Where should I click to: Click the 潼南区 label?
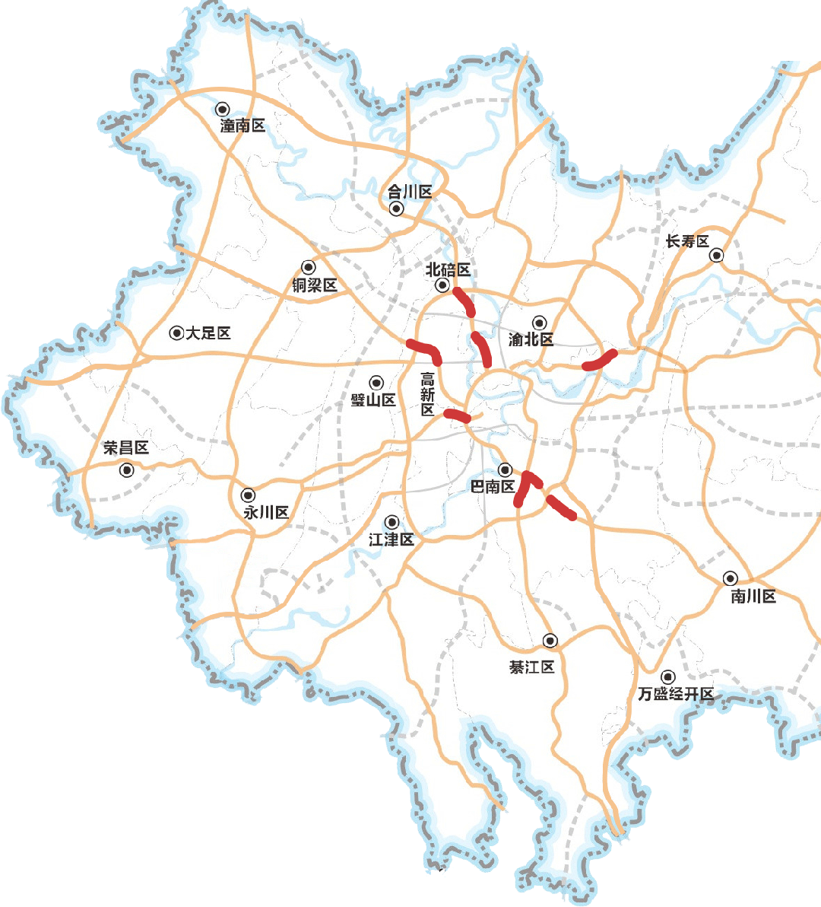point(242,126)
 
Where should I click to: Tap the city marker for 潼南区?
point(223,109)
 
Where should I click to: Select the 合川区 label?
point(410,192)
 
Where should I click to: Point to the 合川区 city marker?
point(395,208)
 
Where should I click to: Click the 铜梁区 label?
point(314,285)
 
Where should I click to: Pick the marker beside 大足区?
point(176,333)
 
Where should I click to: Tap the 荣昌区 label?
point(126,447)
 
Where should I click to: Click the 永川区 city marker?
point(248,495)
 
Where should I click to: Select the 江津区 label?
point(391,539)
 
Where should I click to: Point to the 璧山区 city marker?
point(376,383)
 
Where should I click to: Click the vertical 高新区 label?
point(428,394)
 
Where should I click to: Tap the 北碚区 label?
point(448,270)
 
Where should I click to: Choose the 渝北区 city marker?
point(539,323)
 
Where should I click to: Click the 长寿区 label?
point(687,241)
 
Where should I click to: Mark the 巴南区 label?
point(492,486)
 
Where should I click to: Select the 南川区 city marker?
point(730,578)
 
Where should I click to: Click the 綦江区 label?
point(532,667)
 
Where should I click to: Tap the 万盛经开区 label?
point(676,694)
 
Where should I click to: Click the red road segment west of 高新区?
point(425,351)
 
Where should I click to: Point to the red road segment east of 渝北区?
point(600,361)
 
